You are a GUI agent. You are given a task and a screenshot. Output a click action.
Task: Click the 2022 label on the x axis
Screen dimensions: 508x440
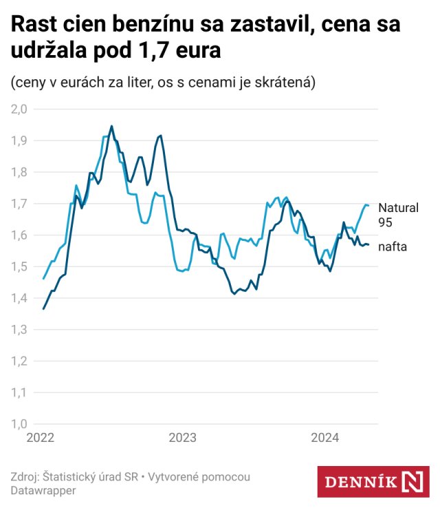pos(41,438)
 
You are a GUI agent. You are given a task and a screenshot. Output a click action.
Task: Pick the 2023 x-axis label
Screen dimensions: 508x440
pos(182,438)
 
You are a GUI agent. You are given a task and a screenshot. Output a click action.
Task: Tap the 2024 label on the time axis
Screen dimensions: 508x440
pos(324,438)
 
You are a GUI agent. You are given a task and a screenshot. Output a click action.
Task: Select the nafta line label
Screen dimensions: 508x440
pos(393,246)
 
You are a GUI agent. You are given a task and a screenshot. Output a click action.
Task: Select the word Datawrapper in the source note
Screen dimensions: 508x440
pos(43,491)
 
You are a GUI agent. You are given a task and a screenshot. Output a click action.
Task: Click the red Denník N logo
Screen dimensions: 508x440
pos(373,481)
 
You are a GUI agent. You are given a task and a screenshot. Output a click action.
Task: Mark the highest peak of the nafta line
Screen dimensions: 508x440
pos(111,126)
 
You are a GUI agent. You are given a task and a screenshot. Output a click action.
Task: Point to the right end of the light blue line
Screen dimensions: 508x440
pos(369,205)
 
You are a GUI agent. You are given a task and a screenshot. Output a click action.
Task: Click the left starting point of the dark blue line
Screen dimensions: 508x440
pos(43,308)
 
